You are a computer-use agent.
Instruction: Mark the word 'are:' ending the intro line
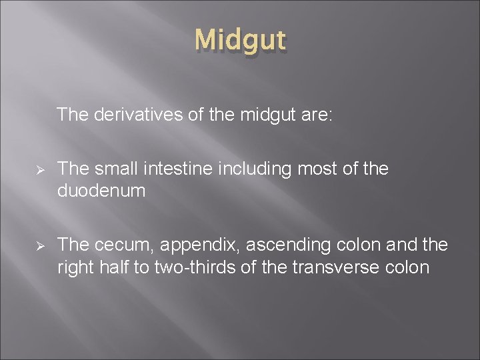click(x=321, y=115)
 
